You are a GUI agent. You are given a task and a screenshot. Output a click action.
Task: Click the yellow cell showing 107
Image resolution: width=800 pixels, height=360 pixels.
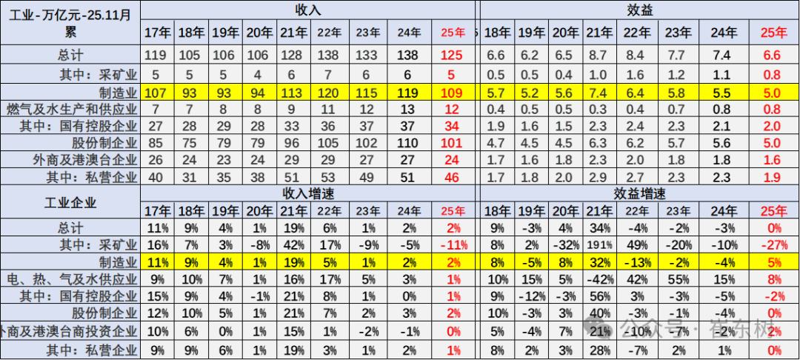[x=158, y=92]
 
